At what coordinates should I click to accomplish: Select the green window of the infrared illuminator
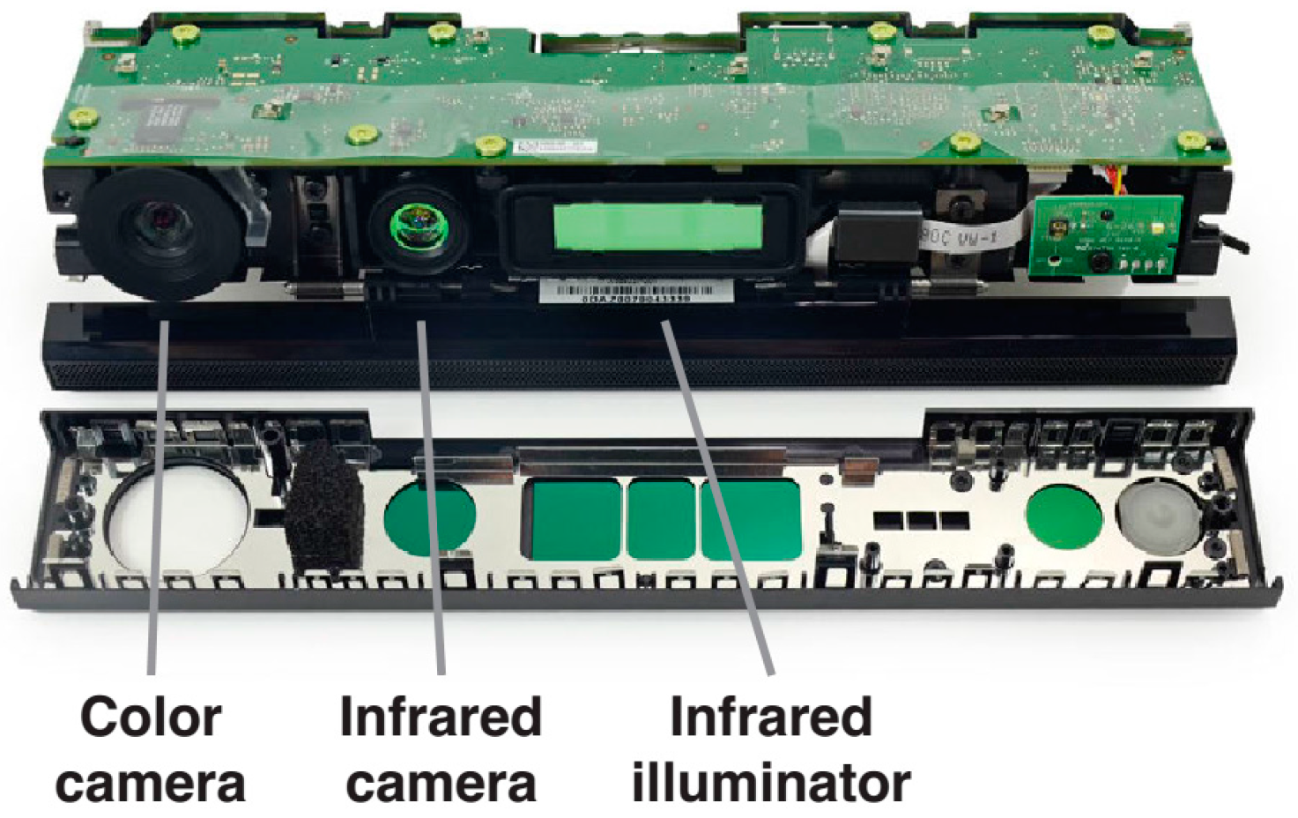tap(657, 227)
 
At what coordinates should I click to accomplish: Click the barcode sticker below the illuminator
tap(635, 291)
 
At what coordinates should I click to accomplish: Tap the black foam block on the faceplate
tap(325, 508)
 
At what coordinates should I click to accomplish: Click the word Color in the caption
tap(151, 717)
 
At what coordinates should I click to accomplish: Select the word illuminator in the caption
tap(771, 783)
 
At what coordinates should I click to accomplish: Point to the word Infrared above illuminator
tap(771, 717)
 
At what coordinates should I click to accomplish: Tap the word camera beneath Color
tap(151, 783)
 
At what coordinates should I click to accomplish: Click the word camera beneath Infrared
tap(441, 783)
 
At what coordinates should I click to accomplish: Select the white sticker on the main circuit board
tap(550, 149)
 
